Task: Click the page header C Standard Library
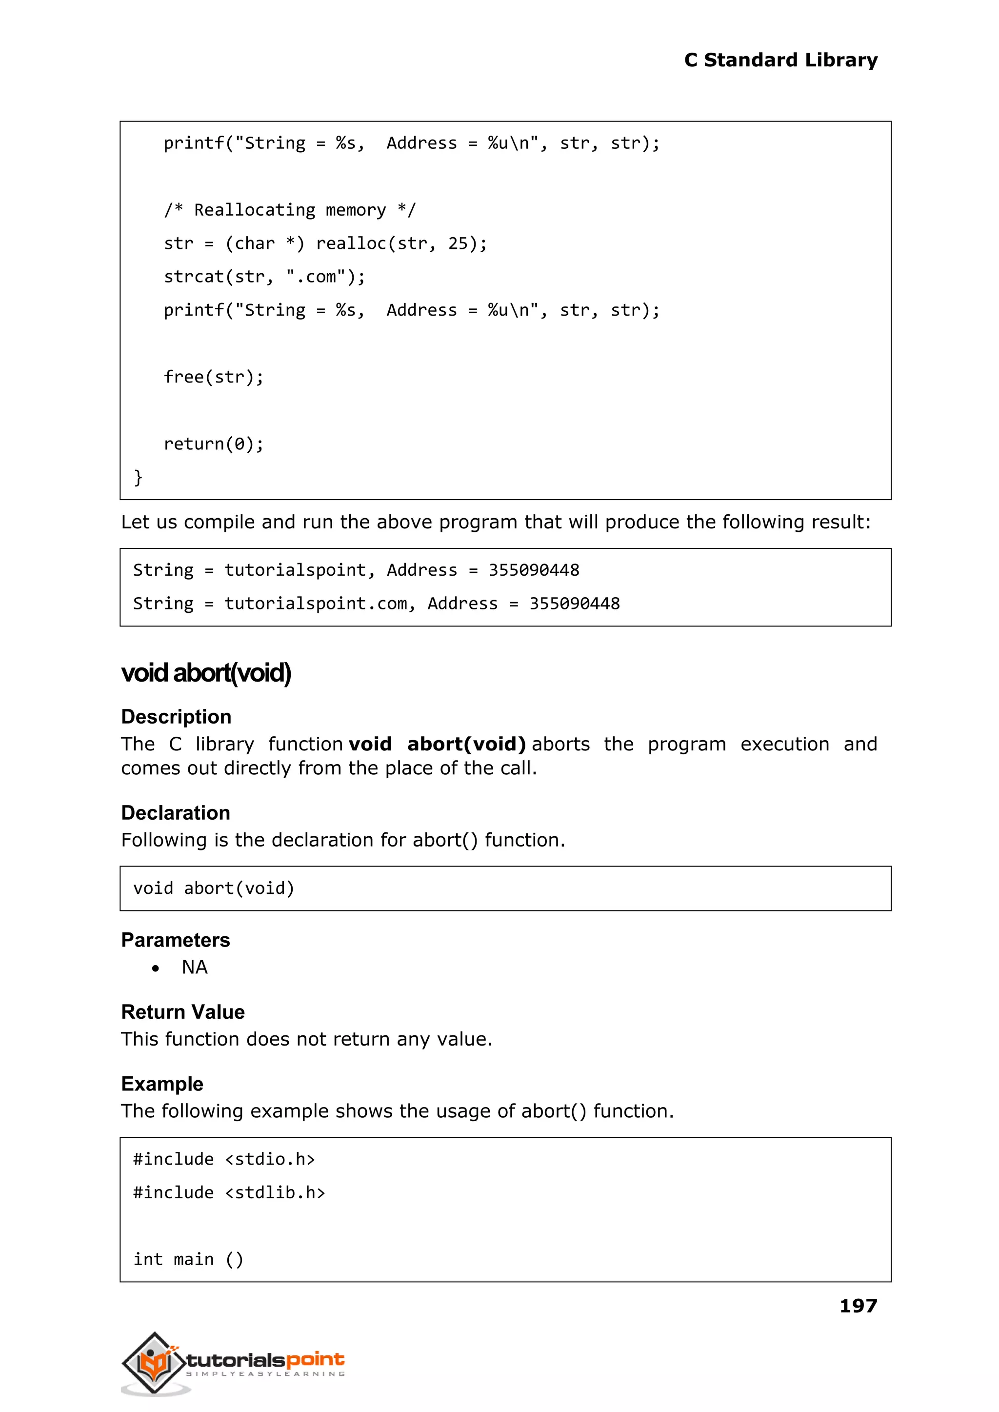[780, 61]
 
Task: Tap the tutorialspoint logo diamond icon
[154, 1362]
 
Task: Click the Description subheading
[176, 717]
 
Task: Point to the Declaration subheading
[175, 813]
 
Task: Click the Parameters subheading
[175, 940]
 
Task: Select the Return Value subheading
[183, 1012]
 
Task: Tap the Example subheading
[162, 1084]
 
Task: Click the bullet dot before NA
[156, 968]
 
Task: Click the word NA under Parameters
[195, 968]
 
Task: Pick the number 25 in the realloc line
[458, 243]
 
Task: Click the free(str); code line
[214, 377]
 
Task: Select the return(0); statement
[214, 444]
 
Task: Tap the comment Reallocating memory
[290, 210]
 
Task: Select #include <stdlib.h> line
[229, 1192]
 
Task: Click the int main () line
[188, 1259]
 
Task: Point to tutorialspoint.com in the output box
[316, 604]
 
